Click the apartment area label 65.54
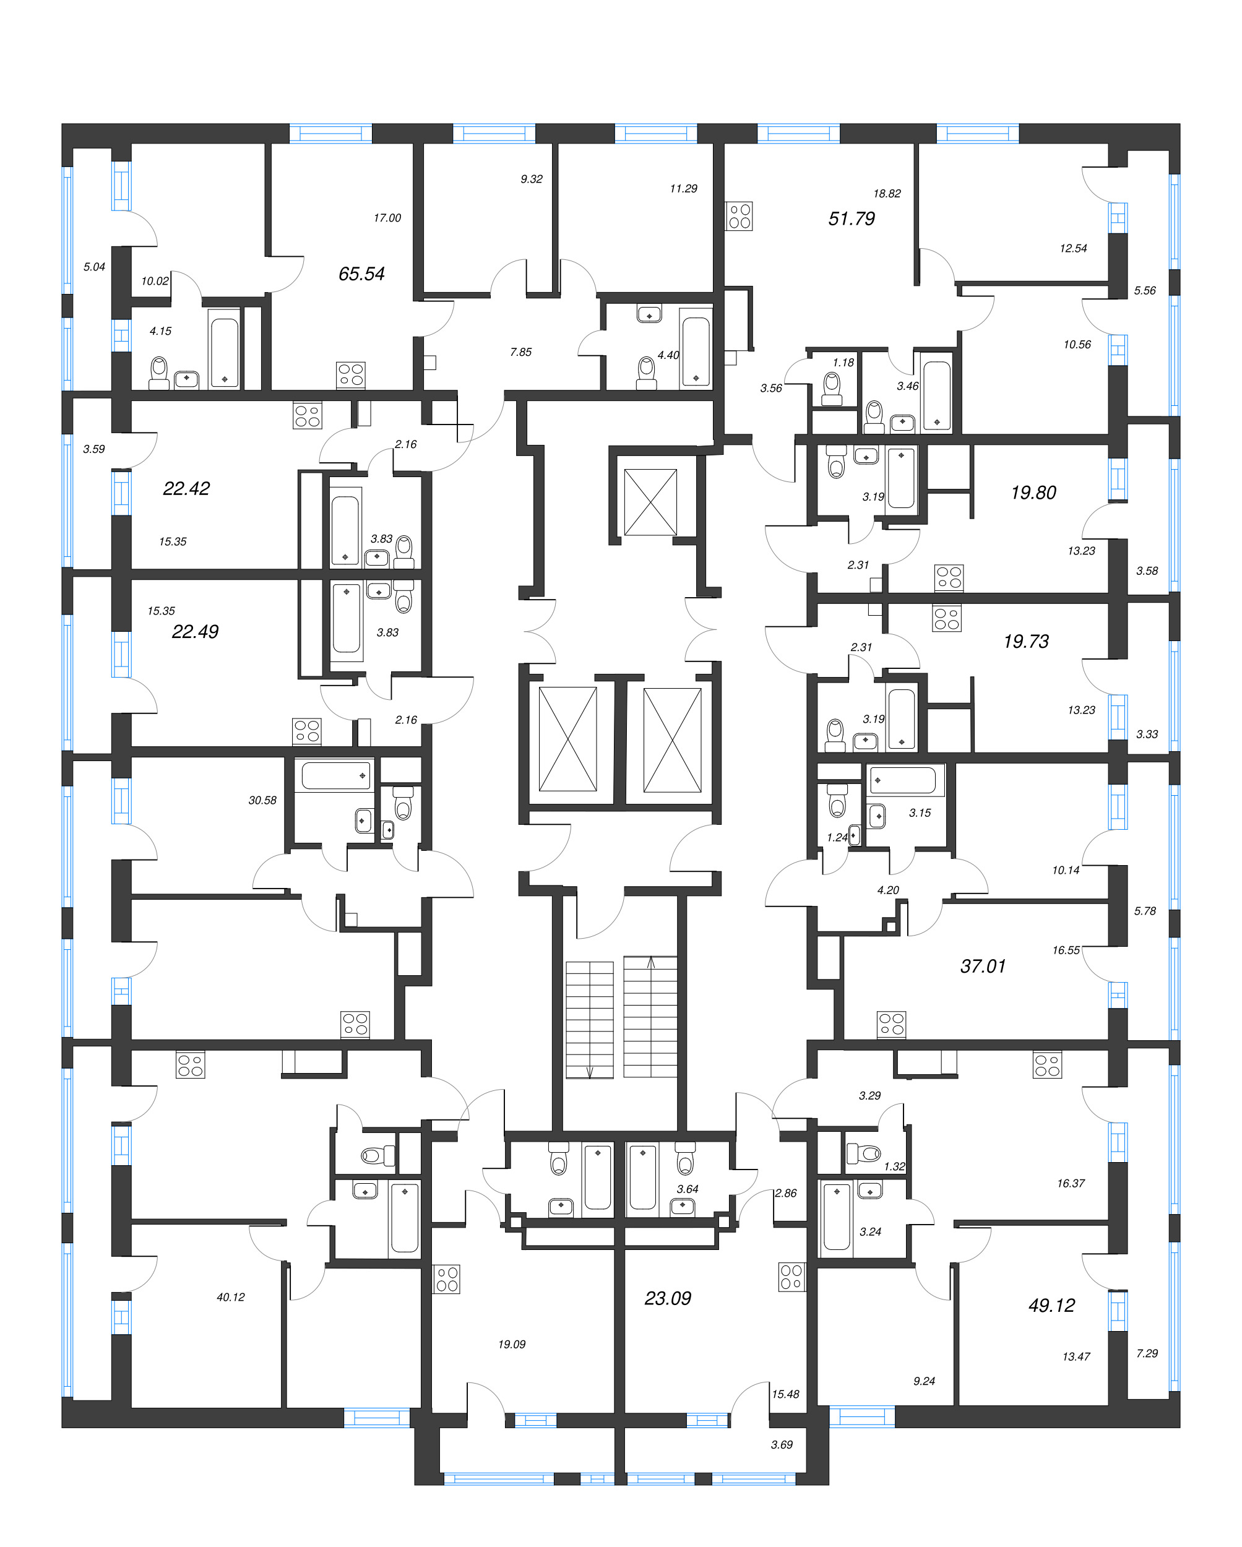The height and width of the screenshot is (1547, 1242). (x=361, y=274)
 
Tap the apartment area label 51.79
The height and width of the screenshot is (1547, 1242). (x=851, y=218)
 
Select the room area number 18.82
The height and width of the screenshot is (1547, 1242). (x=886, y=193)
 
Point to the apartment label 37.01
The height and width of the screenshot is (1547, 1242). (x=982, y=966)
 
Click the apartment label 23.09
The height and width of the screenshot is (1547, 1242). (x=667, y=1298)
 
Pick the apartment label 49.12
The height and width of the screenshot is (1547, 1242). (x=1051, y=1305)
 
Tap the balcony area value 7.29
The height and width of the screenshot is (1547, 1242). (x=1147, y=1353)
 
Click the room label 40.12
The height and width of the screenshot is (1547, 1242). (x=230, y=1297)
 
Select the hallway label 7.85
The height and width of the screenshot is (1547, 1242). (x=520, y=351)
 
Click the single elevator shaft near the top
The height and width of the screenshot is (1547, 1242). (x=650, y=502)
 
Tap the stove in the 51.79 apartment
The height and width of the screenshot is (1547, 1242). (x=739, y=215)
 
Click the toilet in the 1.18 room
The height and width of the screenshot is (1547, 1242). (x=832, y=387)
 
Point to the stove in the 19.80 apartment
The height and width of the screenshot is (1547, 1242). (x=949, y=577)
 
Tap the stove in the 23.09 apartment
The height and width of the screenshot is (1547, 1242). (x=791, y=1277)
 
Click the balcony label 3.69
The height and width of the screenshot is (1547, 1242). (x=782, y=1445)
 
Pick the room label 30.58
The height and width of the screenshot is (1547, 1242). (x=262, y=800)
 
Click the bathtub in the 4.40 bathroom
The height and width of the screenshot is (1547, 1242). (x=696, y=351)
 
